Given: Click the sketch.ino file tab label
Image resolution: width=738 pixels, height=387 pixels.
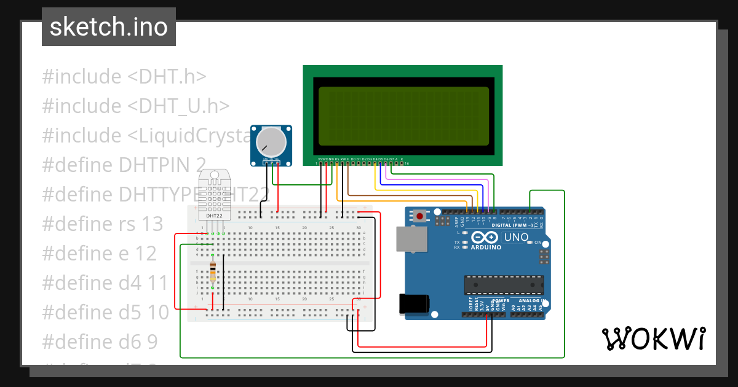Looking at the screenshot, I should [108, 27].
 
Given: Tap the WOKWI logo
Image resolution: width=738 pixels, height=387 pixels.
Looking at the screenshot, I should [653, 338].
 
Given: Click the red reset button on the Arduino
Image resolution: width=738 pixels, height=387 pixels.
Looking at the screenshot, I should [420, 216].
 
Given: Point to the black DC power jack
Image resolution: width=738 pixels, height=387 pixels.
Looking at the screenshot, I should [414, 304].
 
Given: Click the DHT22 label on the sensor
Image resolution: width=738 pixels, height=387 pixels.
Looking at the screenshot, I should [215, 216].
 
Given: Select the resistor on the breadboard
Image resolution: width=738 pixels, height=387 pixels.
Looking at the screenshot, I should [213, 273].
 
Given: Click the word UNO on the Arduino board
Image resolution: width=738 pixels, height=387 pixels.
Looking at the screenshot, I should [516, 237].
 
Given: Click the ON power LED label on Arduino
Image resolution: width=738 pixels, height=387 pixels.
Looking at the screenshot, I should [538, 243].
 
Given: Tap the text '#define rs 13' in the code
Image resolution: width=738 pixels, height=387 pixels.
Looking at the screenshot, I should [102, 224].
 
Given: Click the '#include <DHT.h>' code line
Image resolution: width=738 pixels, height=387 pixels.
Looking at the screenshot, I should [124, 77].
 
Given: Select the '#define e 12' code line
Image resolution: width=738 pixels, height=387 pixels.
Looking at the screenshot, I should [99, 253].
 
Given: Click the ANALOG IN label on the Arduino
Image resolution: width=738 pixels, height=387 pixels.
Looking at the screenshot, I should [532, 301].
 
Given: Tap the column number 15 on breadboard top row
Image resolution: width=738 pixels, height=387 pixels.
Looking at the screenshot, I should [277, 228].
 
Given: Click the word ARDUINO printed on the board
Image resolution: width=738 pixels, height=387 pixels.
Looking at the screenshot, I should [486, 248].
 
